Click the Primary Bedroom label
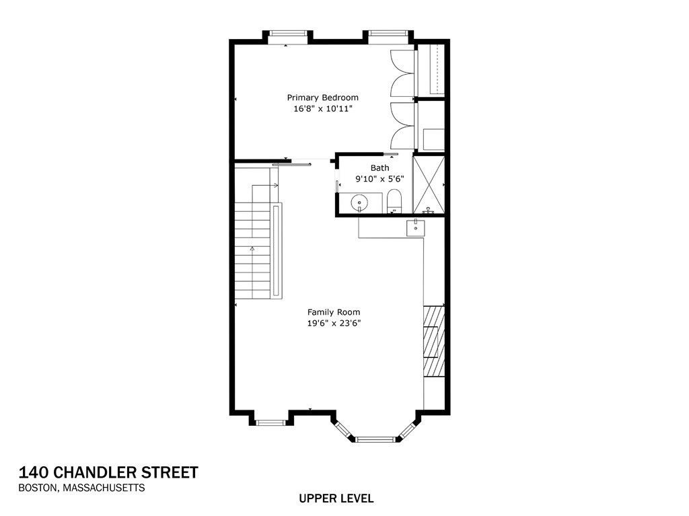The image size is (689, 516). pos(322,98)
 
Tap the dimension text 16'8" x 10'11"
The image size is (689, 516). pos(322,108)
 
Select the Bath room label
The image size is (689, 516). pos(379,168)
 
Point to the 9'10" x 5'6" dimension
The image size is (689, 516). pos(379,179)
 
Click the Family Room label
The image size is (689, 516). pos(333,312)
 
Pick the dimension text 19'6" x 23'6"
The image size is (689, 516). pos(333,323)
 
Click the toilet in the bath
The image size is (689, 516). pos(394,202)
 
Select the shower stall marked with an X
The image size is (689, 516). pos(429,184)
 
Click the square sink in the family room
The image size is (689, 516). pos(416,228)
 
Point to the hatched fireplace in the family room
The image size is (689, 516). pos(434,341)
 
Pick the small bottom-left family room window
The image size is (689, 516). pos(272,422)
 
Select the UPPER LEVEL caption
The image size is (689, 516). pos(336,499)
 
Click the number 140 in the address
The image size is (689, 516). pos(33,472)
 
